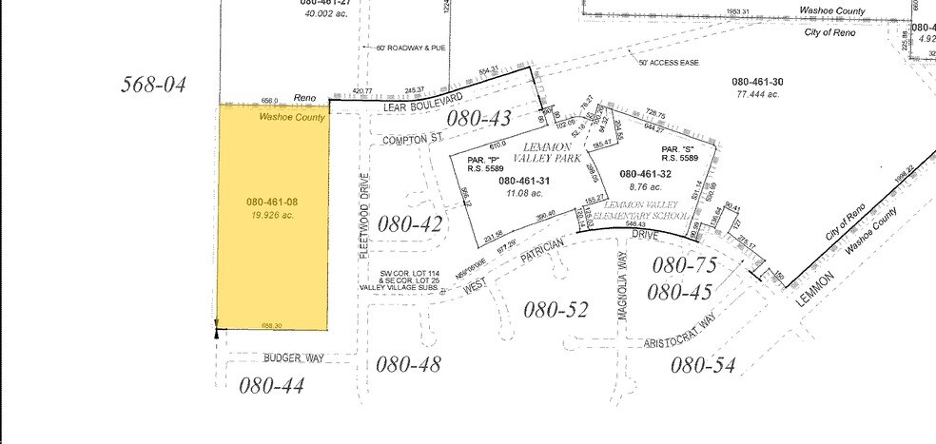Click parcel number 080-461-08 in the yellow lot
coord(273,203)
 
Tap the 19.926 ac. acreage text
coord(273,216)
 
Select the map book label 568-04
coord(152,85)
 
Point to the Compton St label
coord(413,139)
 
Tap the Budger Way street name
coord(295,358)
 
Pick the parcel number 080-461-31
coord(524,181)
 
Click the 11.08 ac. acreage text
coord(524,193)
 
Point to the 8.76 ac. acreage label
coord(645,188)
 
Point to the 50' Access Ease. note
coord(669,62)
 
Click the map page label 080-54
coord(703,365)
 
